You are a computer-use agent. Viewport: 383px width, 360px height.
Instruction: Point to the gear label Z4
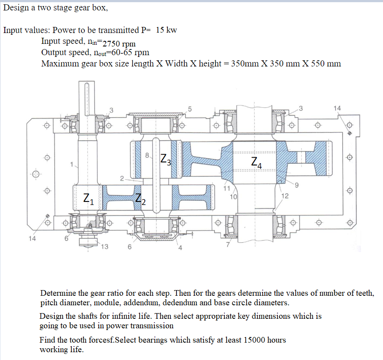point(257,163)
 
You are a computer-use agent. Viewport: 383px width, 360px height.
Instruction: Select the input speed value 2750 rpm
point(119,43)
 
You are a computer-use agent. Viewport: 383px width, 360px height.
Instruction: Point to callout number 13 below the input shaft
point(104,247)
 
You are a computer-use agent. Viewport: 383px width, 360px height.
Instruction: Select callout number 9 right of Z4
point(297,186)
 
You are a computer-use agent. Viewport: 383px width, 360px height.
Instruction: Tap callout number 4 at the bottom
point(178,248)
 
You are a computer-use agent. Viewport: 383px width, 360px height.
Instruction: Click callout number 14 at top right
point(337,108)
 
